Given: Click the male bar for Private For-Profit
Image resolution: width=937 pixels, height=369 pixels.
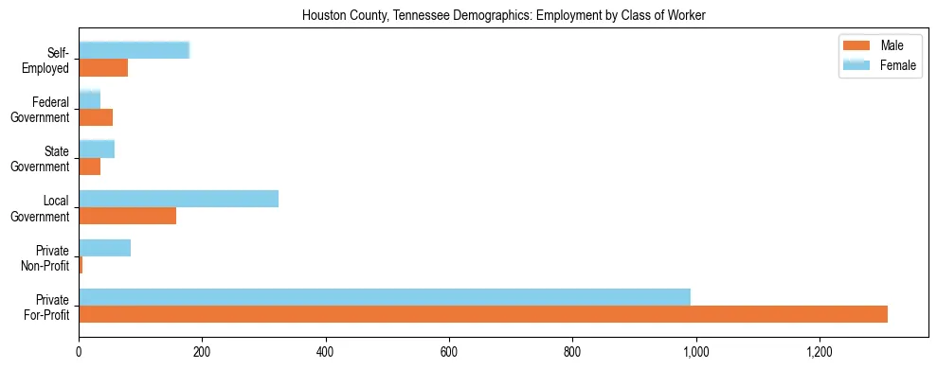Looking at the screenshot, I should tap(483, 314).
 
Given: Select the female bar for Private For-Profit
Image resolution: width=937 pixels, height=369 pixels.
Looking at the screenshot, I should tap(385, 297).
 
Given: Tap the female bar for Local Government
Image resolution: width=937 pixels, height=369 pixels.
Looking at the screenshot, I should tap(178, 199).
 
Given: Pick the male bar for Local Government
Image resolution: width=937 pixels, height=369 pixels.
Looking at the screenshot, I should tap(127, 216).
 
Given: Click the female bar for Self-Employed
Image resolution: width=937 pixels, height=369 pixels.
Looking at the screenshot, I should tap(134, 51).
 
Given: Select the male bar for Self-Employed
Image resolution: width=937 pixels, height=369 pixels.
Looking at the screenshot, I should tap(103, 68).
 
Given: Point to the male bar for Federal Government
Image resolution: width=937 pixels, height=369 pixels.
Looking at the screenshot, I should tap(96, 117).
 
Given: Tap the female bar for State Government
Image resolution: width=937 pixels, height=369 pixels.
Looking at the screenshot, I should tap(97, 149).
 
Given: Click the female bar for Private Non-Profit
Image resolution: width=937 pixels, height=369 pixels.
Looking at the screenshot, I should tap(104, 248).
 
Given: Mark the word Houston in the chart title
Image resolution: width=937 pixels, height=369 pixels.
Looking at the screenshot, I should tap(321, 16).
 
